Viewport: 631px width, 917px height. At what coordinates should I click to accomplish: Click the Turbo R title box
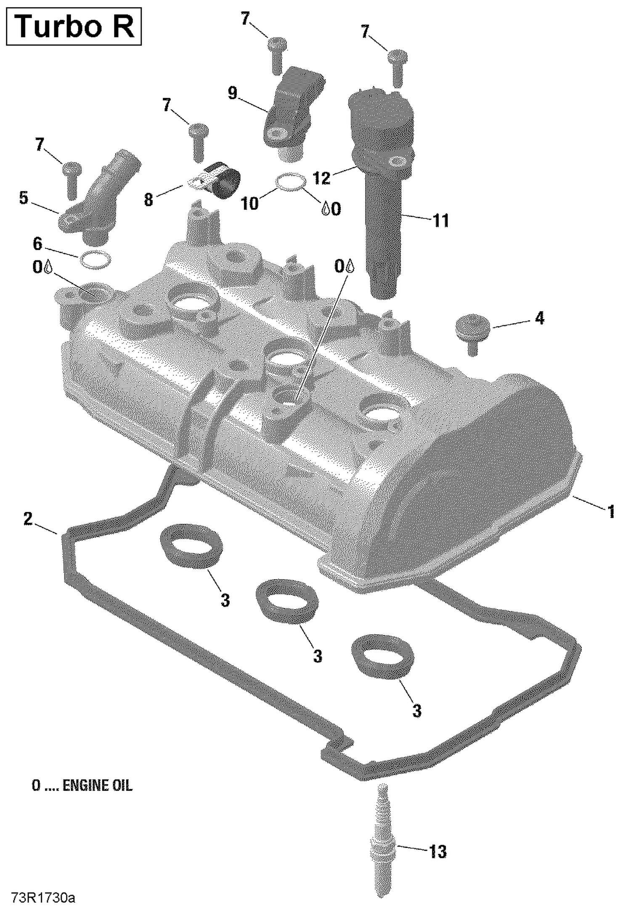[x=74, y=26]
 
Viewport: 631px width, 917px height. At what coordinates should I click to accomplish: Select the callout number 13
[x=437, y=852]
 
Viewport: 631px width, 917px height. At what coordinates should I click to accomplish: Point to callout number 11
[x=441, y=220]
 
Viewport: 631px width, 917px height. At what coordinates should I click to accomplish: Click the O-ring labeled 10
[x=290, y=181]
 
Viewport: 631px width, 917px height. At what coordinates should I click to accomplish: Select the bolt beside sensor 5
[x=72, y=179]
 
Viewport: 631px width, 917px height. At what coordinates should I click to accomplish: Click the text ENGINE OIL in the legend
[x=97, y=785]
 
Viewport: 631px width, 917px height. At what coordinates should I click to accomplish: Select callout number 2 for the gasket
[x=28, y=519]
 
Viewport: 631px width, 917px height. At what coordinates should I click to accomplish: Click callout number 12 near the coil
[x=322, y=178]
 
